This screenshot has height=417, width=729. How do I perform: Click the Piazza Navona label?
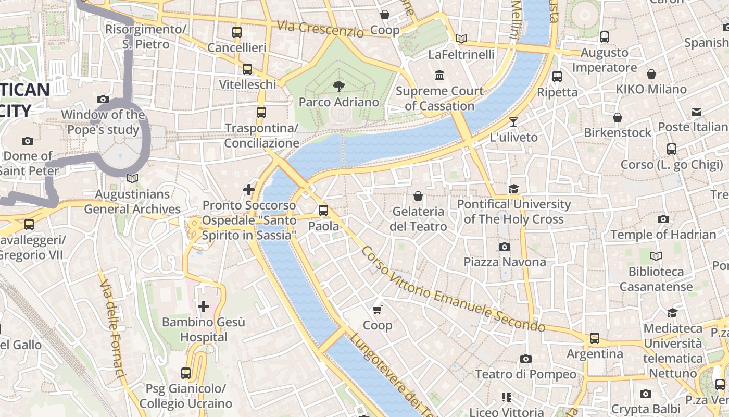[x=505, y=262]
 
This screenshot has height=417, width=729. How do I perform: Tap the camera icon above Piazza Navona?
[x=505, y=247]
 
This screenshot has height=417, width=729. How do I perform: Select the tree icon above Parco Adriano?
[x=339, y=86]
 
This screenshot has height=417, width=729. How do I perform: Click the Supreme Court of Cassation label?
[x=440, y=99]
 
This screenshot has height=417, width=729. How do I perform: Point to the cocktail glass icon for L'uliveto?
[x=513, y=122]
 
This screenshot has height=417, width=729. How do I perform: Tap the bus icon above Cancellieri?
[x=237, y=32]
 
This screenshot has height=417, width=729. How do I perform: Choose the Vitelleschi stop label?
[x=247, y=84]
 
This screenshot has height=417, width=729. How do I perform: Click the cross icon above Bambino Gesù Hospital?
[x=204, y=306]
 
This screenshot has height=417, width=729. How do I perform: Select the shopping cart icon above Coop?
[x=378, y=310]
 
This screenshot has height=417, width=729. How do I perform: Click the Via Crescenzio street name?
[x=320, y=29]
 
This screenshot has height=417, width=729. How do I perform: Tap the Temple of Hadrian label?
[x=663, y=235]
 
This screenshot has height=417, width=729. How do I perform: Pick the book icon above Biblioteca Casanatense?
[x=656, y=256]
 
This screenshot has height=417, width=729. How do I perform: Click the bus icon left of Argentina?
[x=595, y=338]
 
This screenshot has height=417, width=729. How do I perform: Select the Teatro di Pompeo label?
[x=526, y=374]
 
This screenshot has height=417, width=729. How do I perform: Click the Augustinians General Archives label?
[x=132, y=202]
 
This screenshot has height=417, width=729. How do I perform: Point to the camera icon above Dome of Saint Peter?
[x=28, y=141]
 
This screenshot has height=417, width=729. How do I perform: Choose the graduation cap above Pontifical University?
[x=514, y=189]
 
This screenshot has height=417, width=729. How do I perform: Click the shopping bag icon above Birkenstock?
[x=618, y=117]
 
